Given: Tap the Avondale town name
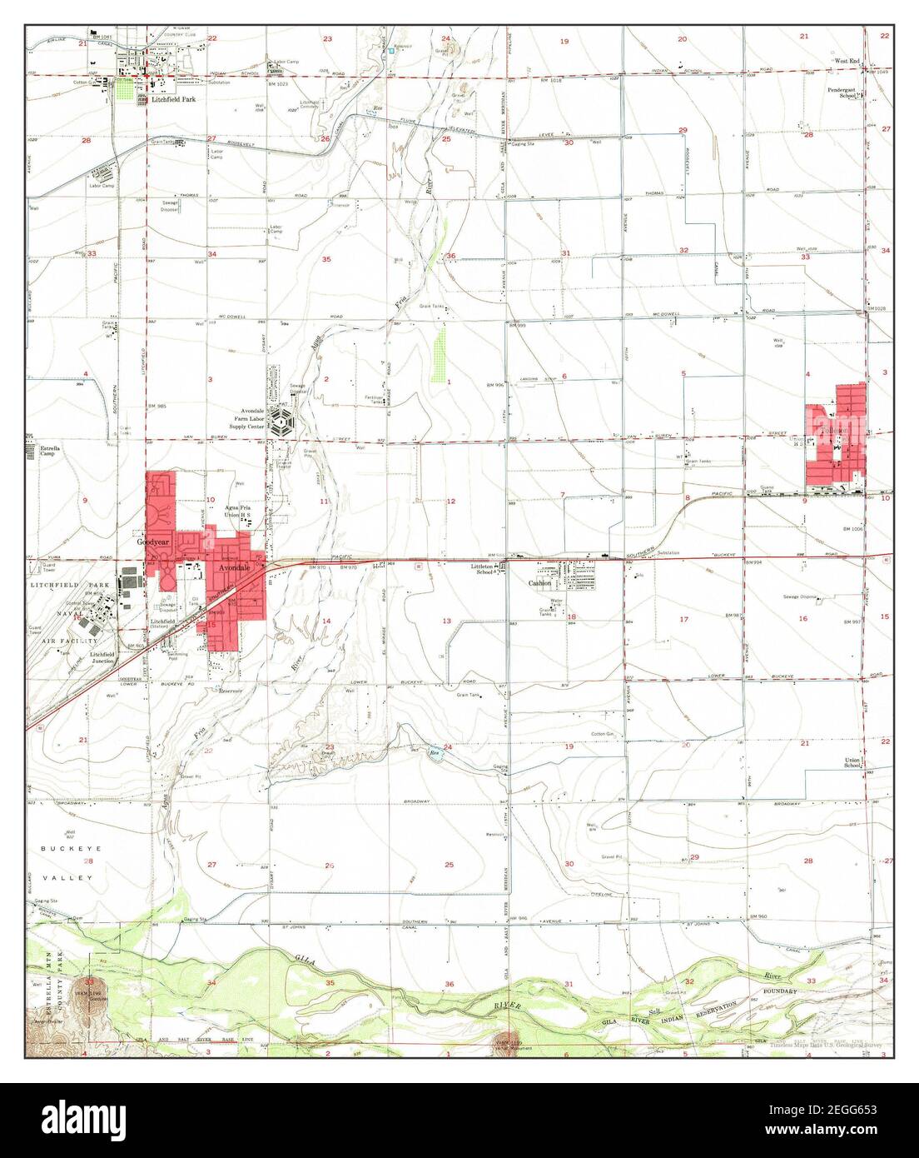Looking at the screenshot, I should pos(236,568).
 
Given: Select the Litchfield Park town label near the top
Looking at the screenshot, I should pos(171,99).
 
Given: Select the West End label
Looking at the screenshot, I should pos(847,61).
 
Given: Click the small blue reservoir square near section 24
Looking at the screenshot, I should pos(390,52).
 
